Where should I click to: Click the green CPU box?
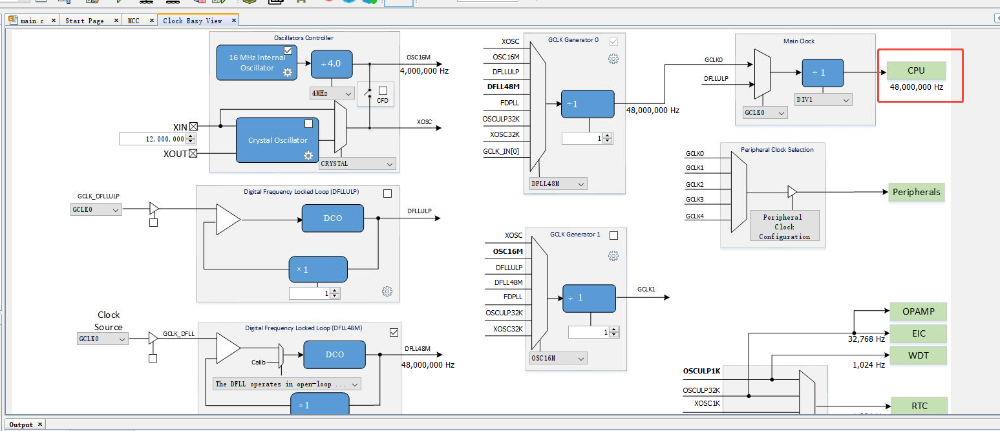(915, 70)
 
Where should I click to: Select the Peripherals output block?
(916, 193)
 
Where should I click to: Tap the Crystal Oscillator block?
(277, 140)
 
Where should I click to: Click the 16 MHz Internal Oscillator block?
(256, 63)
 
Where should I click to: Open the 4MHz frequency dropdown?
(332, 93)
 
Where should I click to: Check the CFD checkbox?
(383, 90)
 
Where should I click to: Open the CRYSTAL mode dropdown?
(357, 163)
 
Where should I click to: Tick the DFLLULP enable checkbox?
(387, 194)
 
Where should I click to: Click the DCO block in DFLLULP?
(333, 218)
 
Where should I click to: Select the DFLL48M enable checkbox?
(394, 332)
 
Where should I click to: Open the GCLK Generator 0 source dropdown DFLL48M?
(558, 184)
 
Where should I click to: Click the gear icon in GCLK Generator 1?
(613, 256)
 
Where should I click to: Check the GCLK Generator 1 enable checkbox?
(614, 236)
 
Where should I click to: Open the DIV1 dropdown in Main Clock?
(823, 100)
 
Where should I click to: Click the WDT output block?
(918, 355)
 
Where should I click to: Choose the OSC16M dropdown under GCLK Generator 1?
(558, 358)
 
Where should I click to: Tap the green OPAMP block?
(918, 311)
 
